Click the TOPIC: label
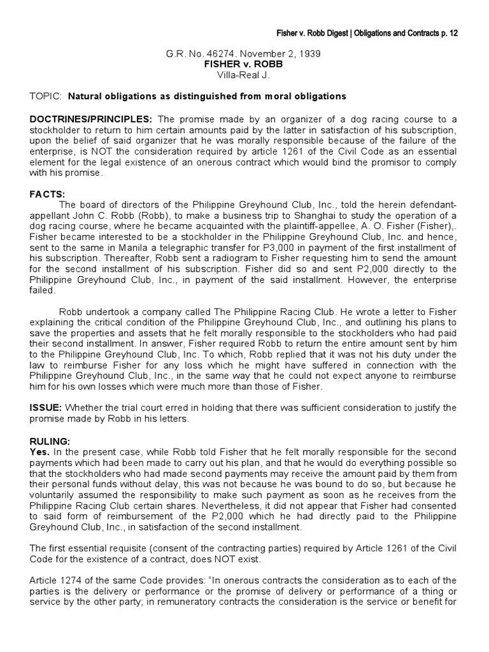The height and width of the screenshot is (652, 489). tap(46, 96)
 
